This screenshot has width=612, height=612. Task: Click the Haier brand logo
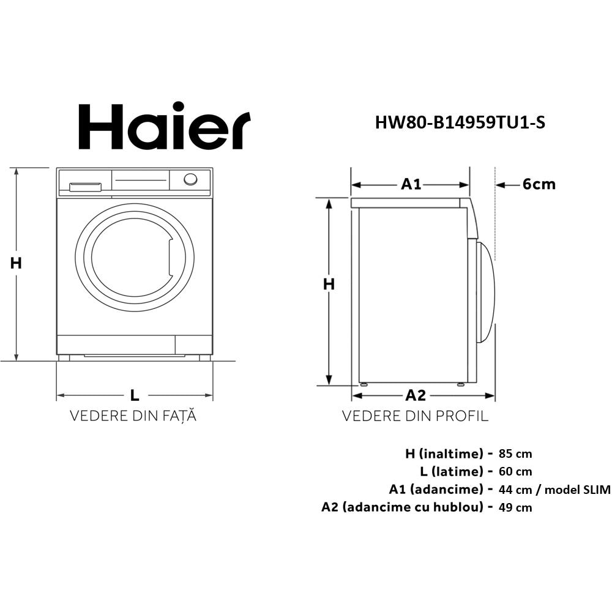pos(165,127)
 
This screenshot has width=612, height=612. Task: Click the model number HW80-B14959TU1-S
pos(460,123)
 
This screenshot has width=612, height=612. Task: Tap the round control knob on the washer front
pos(190,179)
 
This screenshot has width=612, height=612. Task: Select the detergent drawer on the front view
pos(85,186)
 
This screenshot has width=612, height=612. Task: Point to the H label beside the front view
pos(16,263)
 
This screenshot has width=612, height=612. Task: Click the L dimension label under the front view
pos(135,395)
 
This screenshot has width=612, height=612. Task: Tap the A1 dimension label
pos(411,184)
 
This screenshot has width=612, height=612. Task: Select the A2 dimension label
pos(416,395)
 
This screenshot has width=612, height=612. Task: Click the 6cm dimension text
pos(539,184)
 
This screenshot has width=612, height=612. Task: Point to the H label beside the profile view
pos(329,284)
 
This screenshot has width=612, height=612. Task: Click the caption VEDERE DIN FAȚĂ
pos(133,417)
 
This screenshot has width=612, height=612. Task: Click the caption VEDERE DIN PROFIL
pos(415,417)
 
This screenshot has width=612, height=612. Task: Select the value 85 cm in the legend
pos(515,454)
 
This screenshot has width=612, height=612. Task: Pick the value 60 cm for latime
pos(515,472)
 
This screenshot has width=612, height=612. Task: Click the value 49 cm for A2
pos(515,507)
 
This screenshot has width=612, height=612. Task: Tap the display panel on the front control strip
pos(141,180)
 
